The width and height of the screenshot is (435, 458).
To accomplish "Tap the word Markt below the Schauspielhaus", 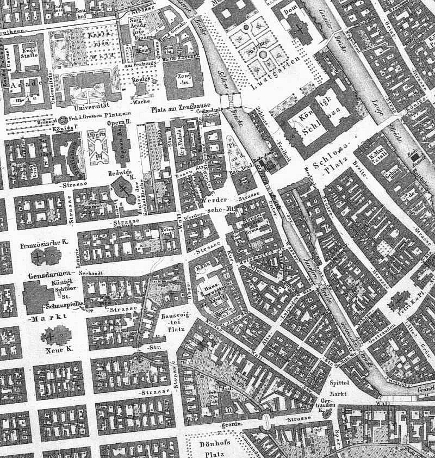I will [x=43, y=318].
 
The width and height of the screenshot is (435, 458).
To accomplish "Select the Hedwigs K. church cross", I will [x=125, y=190].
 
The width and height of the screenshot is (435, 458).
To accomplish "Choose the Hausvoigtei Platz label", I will [x=175, y=321].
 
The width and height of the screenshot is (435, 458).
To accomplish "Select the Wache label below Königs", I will [x=139, y=102].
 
